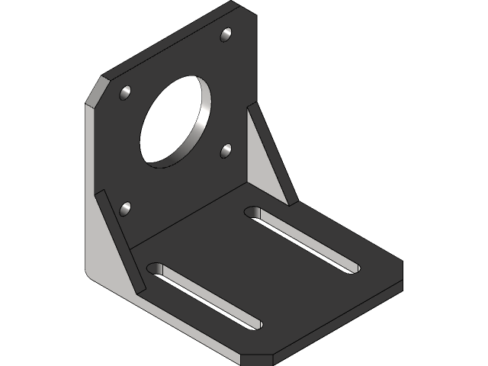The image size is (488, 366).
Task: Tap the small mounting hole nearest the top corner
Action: (226, 34)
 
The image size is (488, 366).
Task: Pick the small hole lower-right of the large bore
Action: (226, 150)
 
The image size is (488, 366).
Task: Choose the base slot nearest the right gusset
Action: (301, 239)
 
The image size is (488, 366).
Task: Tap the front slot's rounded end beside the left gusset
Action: (157, 270)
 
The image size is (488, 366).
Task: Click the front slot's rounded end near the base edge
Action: (252, 323)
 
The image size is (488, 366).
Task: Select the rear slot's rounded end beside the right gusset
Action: (255, 212)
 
